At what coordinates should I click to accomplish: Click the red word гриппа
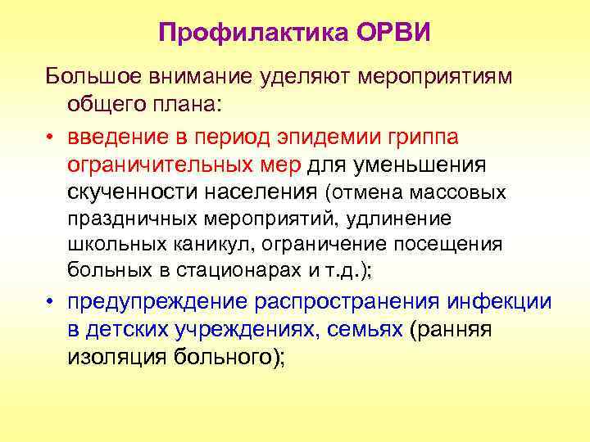[429, 135]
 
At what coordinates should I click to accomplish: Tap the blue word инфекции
[499, 300]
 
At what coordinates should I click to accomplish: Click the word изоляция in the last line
[113, 358]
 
